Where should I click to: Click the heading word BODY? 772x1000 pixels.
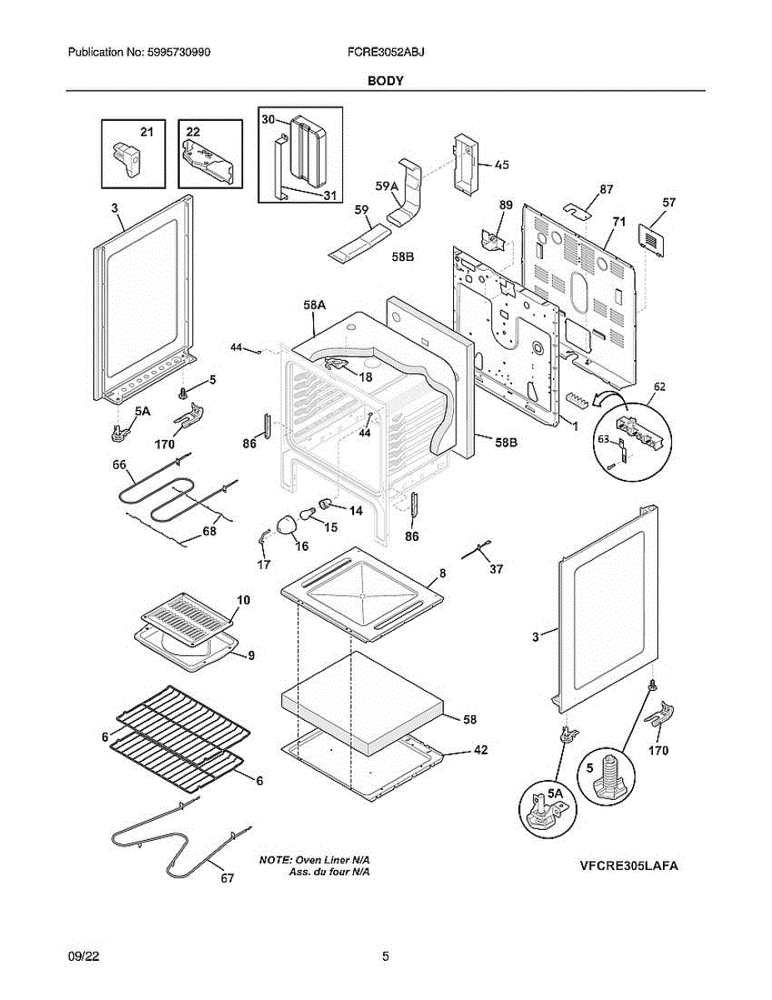[385, 81]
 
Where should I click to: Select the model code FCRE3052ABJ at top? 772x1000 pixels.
[386, 52]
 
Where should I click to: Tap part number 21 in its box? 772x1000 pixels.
[147, 132]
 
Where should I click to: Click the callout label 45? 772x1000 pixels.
[501, 165]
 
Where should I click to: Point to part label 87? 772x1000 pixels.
[606, 189]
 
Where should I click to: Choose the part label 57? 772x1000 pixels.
[669, 202]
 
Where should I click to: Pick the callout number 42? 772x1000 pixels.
[481, 750]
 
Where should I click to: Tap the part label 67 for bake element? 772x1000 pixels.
[227, 878]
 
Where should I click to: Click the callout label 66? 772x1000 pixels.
[119, 464]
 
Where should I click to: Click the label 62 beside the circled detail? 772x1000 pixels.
[660, 387]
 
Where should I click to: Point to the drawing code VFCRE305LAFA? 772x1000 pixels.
[629, 866]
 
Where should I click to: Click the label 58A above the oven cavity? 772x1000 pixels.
[314, 307]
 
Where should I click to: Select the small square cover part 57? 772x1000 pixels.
[648, 235]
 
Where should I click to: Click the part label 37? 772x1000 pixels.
[496, 569]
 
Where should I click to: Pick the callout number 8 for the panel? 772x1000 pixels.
[442, 573]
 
